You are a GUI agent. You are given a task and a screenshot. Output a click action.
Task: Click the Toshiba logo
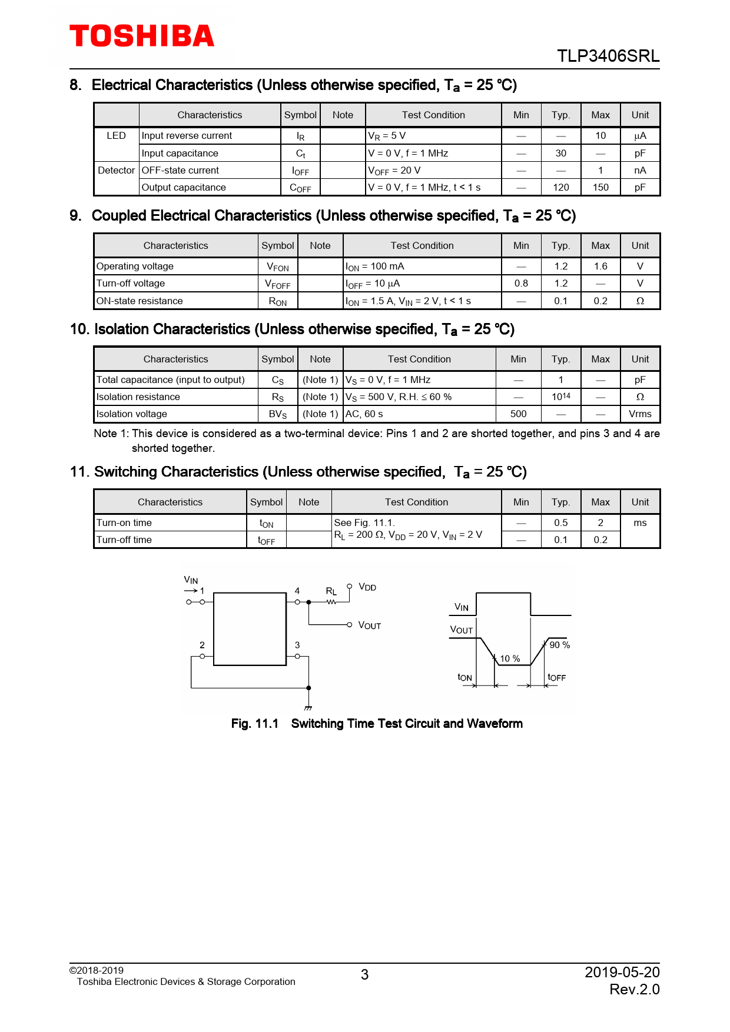(142, 36)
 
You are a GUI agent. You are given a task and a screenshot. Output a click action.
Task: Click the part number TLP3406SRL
(608, 56)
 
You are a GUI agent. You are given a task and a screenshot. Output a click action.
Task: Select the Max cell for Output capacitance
(600, 187)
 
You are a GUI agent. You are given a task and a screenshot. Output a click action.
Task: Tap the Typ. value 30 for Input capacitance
(560, 153)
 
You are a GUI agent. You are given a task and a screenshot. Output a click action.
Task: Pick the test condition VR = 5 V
(387, 136)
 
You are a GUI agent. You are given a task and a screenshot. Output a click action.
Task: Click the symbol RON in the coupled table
(278, 301)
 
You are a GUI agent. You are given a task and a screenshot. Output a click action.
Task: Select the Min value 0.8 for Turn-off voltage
(521, 283)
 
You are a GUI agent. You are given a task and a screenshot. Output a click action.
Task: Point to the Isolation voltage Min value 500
(518, 414)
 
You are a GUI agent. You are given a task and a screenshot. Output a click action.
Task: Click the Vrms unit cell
(640, 414)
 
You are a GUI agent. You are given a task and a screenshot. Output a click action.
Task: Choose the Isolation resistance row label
(138, 397)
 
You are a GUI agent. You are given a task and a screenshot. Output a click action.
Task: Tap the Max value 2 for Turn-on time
(600, 522)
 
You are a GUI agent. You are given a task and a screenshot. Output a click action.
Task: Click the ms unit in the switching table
(640, 522)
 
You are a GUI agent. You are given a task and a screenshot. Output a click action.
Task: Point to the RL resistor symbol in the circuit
(331, 602)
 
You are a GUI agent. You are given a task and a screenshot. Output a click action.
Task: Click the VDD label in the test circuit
(367, 587)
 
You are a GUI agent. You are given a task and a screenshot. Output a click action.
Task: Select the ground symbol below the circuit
(308, 708)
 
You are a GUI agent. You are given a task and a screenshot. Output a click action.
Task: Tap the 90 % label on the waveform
(559, 645)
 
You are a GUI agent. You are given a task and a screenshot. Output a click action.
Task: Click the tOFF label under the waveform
(556, 677)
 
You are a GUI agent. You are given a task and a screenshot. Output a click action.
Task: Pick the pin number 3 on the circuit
(297, 645)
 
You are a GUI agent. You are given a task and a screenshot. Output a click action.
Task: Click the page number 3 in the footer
(364, 975)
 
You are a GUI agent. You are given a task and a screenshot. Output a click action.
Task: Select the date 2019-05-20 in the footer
(622, 972)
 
